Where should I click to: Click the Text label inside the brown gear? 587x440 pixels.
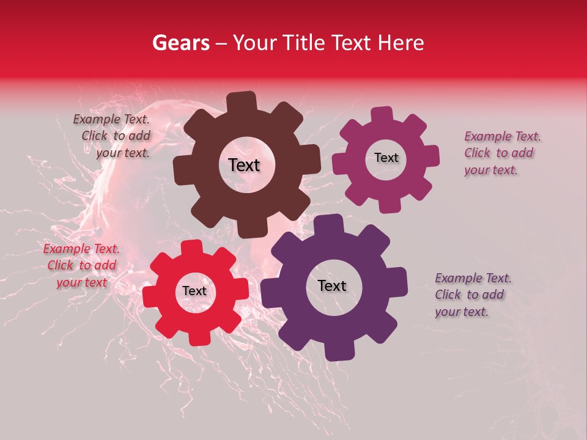[244, 165]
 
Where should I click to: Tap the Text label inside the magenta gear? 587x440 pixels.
[386, 158]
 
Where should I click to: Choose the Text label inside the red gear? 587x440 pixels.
[194, 291]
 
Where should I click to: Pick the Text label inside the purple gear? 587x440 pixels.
[332, 285]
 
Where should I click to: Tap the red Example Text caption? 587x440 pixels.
[81, 265]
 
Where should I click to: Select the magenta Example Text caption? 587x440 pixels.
[501, 153]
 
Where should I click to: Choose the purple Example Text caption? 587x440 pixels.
[472, 295]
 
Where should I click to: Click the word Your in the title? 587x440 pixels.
[256, 43]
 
